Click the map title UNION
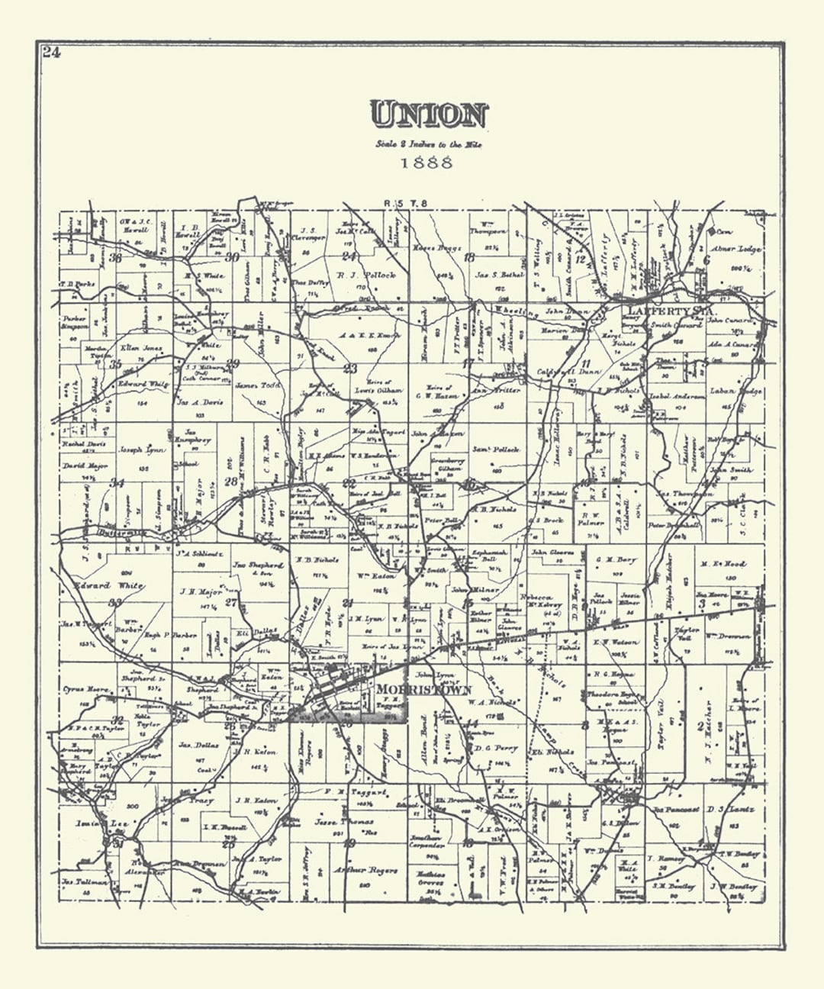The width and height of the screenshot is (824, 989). click(x=428, y=115)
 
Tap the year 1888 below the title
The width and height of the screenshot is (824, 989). click(x=426, y=163)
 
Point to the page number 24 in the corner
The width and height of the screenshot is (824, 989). click(x=51, y=53)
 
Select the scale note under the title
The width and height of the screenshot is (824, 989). click(x=428, y=144)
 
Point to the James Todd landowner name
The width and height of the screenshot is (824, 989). click(x=258, y=385)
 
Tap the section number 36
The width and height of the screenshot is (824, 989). click(x=115, y=257)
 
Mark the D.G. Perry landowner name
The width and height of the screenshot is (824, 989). click(x=491, y=748)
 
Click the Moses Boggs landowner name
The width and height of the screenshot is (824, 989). click(x=438, y=250)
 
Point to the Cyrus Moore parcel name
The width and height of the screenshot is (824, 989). click(x=85, y=690)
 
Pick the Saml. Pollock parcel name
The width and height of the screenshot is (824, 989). click(x=496, y=449)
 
